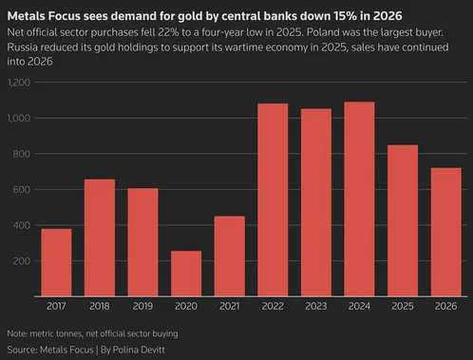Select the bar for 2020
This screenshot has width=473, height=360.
pos(186,274)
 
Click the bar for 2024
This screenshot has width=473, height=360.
pos(359,199)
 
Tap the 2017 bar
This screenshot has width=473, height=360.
pos(56,262)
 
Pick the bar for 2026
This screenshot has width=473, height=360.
pos(445,232)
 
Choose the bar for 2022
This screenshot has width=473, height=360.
pos(273,199)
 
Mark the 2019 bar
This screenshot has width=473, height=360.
pos(142,242)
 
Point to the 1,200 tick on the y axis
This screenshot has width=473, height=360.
pos(19,83)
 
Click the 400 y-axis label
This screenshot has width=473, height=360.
pos(22,225)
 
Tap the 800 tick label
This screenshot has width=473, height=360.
pos(22,154)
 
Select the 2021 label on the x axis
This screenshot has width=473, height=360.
pos(230,306)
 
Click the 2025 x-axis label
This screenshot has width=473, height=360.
pos(403,306)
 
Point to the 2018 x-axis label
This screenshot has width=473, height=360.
pos(100,306)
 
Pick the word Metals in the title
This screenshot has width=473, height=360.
pos(27,16)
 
